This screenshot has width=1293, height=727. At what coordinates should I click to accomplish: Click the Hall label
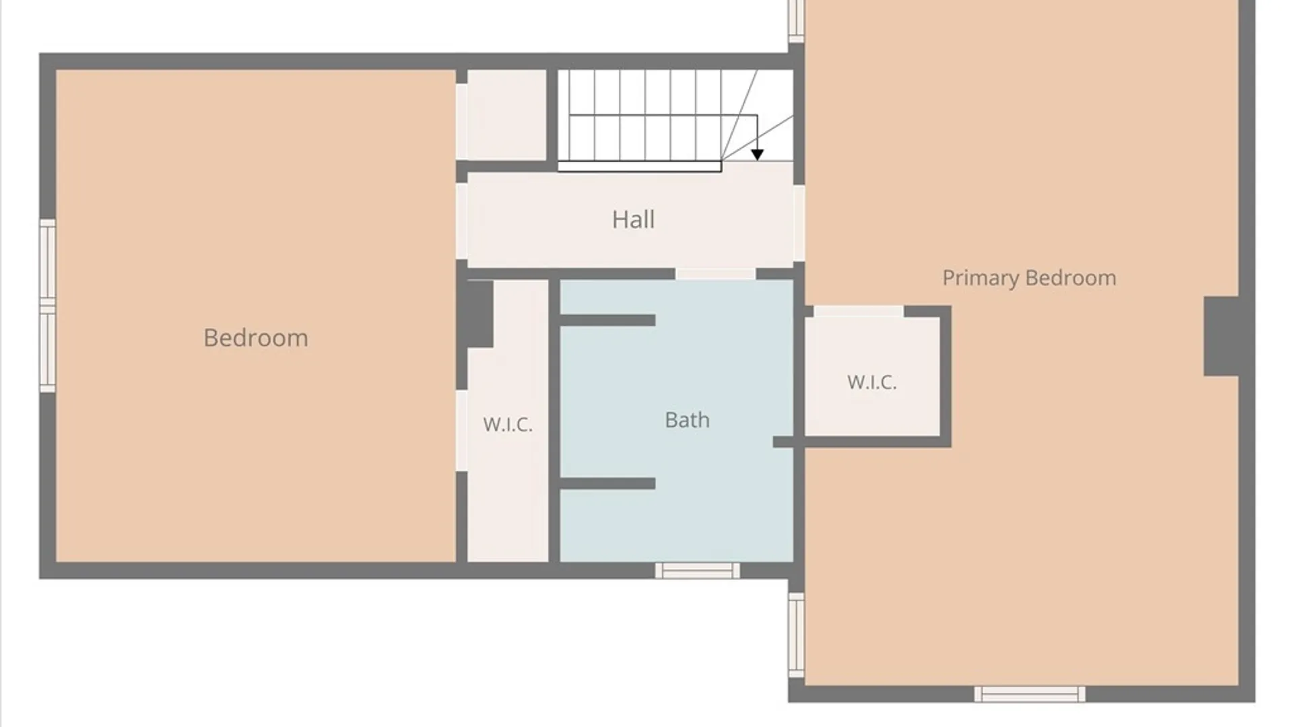click(633, 219)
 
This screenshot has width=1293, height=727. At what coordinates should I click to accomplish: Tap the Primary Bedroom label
click(1029, 278)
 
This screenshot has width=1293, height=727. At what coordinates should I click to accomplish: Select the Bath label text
click(687, 420)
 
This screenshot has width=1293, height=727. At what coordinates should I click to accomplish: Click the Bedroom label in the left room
click(256, 338)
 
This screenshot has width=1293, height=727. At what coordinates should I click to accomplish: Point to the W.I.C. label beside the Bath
click(508, 424)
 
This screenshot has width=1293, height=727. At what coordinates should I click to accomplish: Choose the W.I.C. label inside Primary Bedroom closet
click(872, 382)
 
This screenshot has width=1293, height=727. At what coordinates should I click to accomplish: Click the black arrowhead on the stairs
click(757, 155)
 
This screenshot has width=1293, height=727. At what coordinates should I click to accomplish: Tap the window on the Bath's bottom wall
click(698, 571)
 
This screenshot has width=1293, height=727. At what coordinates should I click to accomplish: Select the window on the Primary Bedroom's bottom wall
click(1030, 694)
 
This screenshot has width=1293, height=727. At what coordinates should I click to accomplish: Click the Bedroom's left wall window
click(47, 306)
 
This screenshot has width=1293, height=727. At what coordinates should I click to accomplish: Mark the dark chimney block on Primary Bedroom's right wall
click(1221, 336)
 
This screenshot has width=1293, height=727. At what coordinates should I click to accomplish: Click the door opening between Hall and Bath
click(715, 273)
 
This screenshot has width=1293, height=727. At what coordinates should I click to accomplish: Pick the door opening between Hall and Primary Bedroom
click(799, 223)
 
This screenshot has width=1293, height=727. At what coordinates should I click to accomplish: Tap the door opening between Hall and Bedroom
click(462, 221)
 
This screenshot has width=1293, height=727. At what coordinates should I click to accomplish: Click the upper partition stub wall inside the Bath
click(607, 320)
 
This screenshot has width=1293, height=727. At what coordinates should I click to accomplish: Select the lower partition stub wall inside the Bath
click(607, 483)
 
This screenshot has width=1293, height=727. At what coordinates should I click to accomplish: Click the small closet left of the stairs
click(506, 115)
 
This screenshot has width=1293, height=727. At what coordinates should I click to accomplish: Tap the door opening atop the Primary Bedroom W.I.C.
click(859, 311)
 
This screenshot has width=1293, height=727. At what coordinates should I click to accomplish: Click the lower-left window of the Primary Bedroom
click(797, 635)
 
